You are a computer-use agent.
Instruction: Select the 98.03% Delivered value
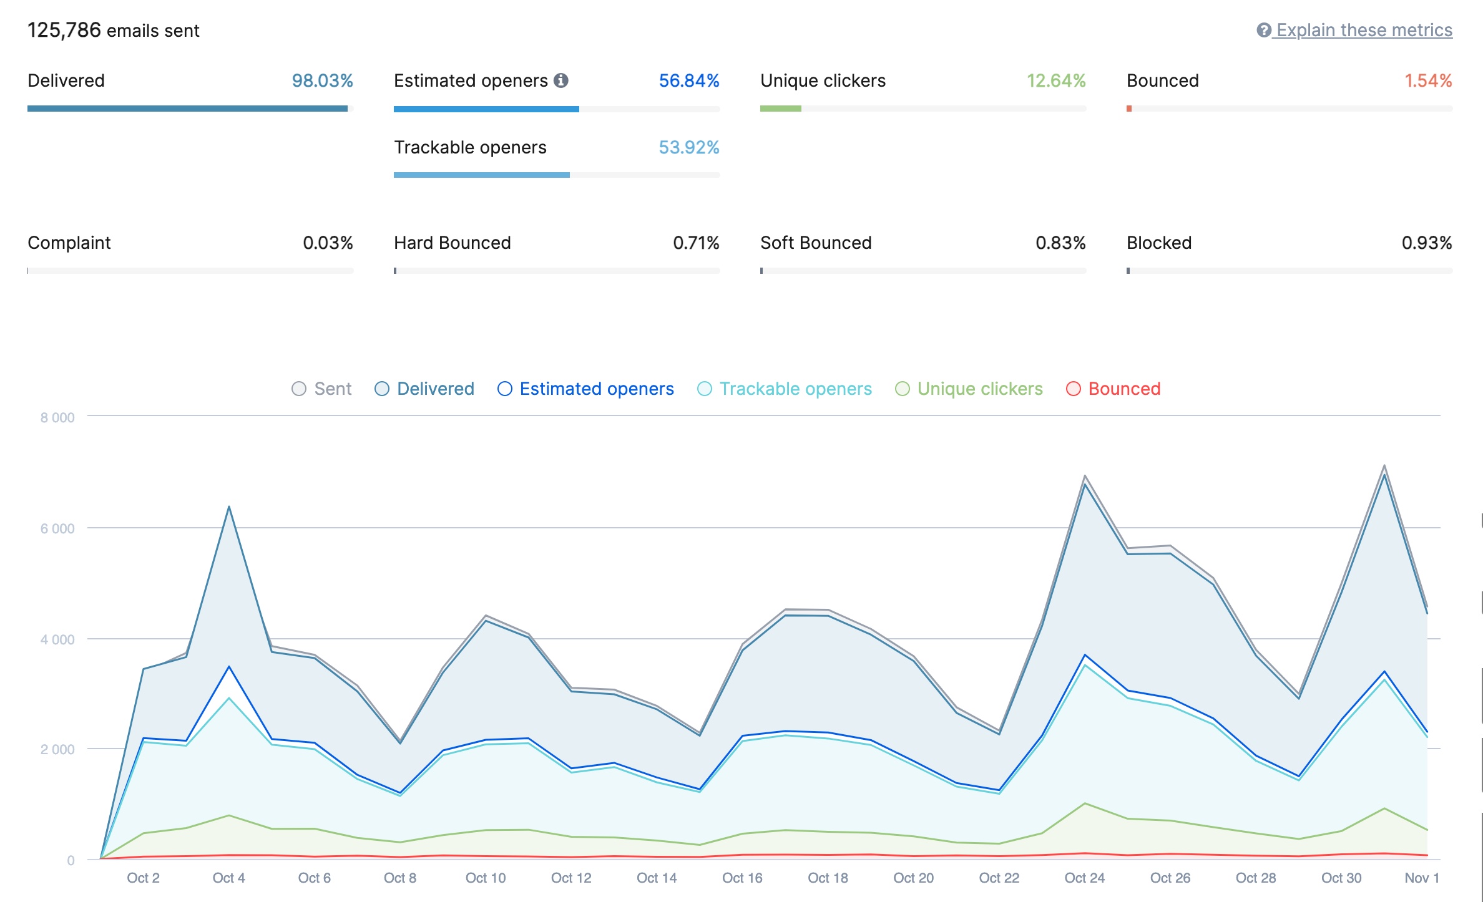[322, 80]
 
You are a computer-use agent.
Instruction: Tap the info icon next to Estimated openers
[561, 80]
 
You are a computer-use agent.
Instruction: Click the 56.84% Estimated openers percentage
[688, 80]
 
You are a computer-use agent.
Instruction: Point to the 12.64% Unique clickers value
[1055, 80]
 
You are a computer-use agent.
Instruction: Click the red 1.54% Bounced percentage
[1427, 80]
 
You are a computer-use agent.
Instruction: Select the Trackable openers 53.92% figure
[688, 147]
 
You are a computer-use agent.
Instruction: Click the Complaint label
[69, 243]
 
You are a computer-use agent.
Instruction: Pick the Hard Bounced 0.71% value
[695, 243]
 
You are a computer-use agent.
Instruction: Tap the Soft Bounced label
[815, 243]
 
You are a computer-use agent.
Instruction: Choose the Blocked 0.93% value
[1426, 243]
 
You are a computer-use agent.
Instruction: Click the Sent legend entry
[322, 389]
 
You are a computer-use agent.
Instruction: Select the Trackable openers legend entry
[785, 389]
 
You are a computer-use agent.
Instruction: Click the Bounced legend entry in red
[1113, 389]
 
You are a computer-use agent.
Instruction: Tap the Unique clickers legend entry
[969, 389]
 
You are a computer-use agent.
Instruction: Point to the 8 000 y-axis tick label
[57, 418]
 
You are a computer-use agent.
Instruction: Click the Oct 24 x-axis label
[1084, 878]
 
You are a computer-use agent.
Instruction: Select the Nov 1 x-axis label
[1421, 878]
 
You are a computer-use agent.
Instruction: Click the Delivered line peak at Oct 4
[229, 507]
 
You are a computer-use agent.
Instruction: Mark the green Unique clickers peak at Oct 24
[1085, 803]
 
